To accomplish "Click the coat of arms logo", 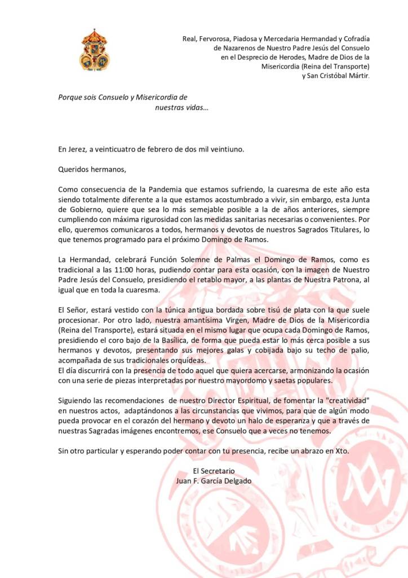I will click(x=94, y=50).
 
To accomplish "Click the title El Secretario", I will click(x=214, y=471).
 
